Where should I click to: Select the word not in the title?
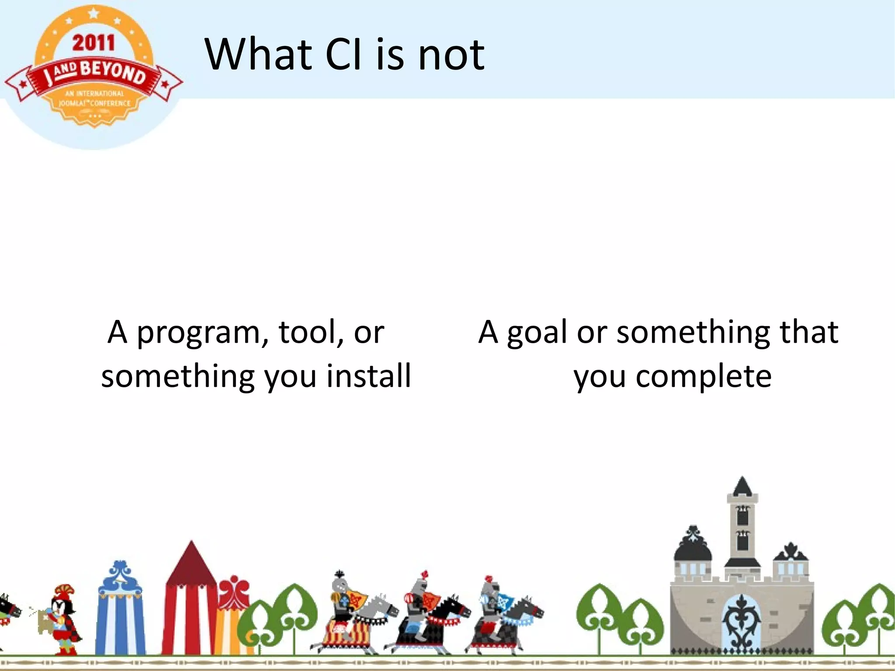451,55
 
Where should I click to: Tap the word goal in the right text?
537,333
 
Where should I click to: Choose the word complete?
703,376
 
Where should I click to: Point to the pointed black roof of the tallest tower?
742,487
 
